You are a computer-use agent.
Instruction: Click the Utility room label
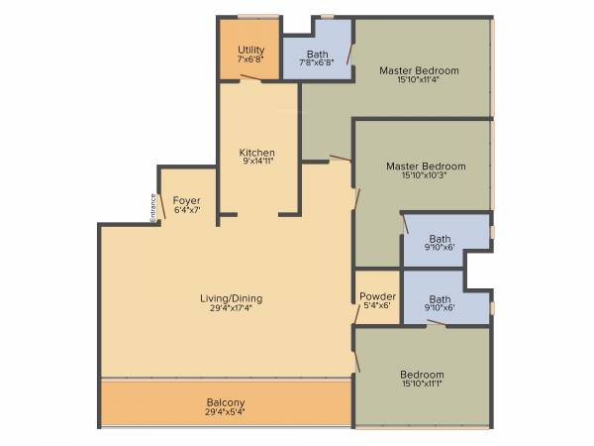(250, 50)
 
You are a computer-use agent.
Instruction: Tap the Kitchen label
(256, 153)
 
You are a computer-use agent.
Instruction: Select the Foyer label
(187, 201)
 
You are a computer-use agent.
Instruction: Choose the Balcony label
(226, 402)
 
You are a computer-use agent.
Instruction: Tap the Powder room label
(377, 296)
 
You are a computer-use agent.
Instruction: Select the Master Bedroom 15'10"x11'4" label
(419, 70)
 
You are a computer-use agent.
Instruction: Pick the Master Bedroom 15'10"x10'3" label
(426, 167)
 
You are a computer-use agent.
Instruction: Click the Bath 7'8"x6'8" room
(317, 56)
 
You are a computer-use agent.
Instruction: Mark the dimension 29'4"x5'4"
(226, 411)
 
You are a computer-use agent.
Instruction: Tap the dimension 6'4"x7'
(187, 210)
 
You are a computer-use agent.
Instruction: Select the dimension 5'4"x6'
(377, 305)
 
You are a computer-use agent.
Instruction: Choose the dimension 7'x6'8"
(250, 59)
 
